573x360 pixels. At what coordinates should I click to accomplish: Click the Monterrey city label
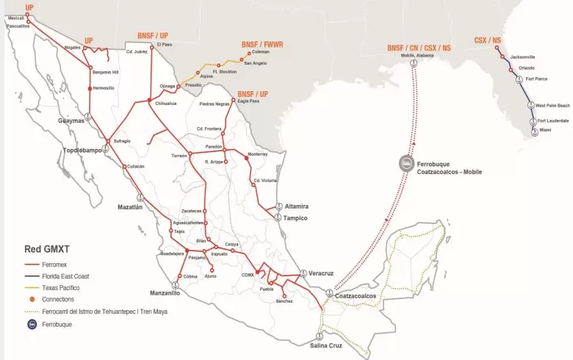click(259, 155)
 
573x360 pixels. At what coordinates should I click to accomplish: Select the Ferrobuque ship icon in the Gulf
click(405, 163)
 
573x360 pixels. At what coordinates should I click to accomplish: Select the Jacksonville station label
click(522, 57)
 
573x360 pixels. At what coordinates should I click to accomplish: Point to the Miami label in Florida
click(544, 130)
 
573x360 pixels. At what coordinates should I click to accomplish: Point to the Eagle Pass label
click(250, 101)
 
